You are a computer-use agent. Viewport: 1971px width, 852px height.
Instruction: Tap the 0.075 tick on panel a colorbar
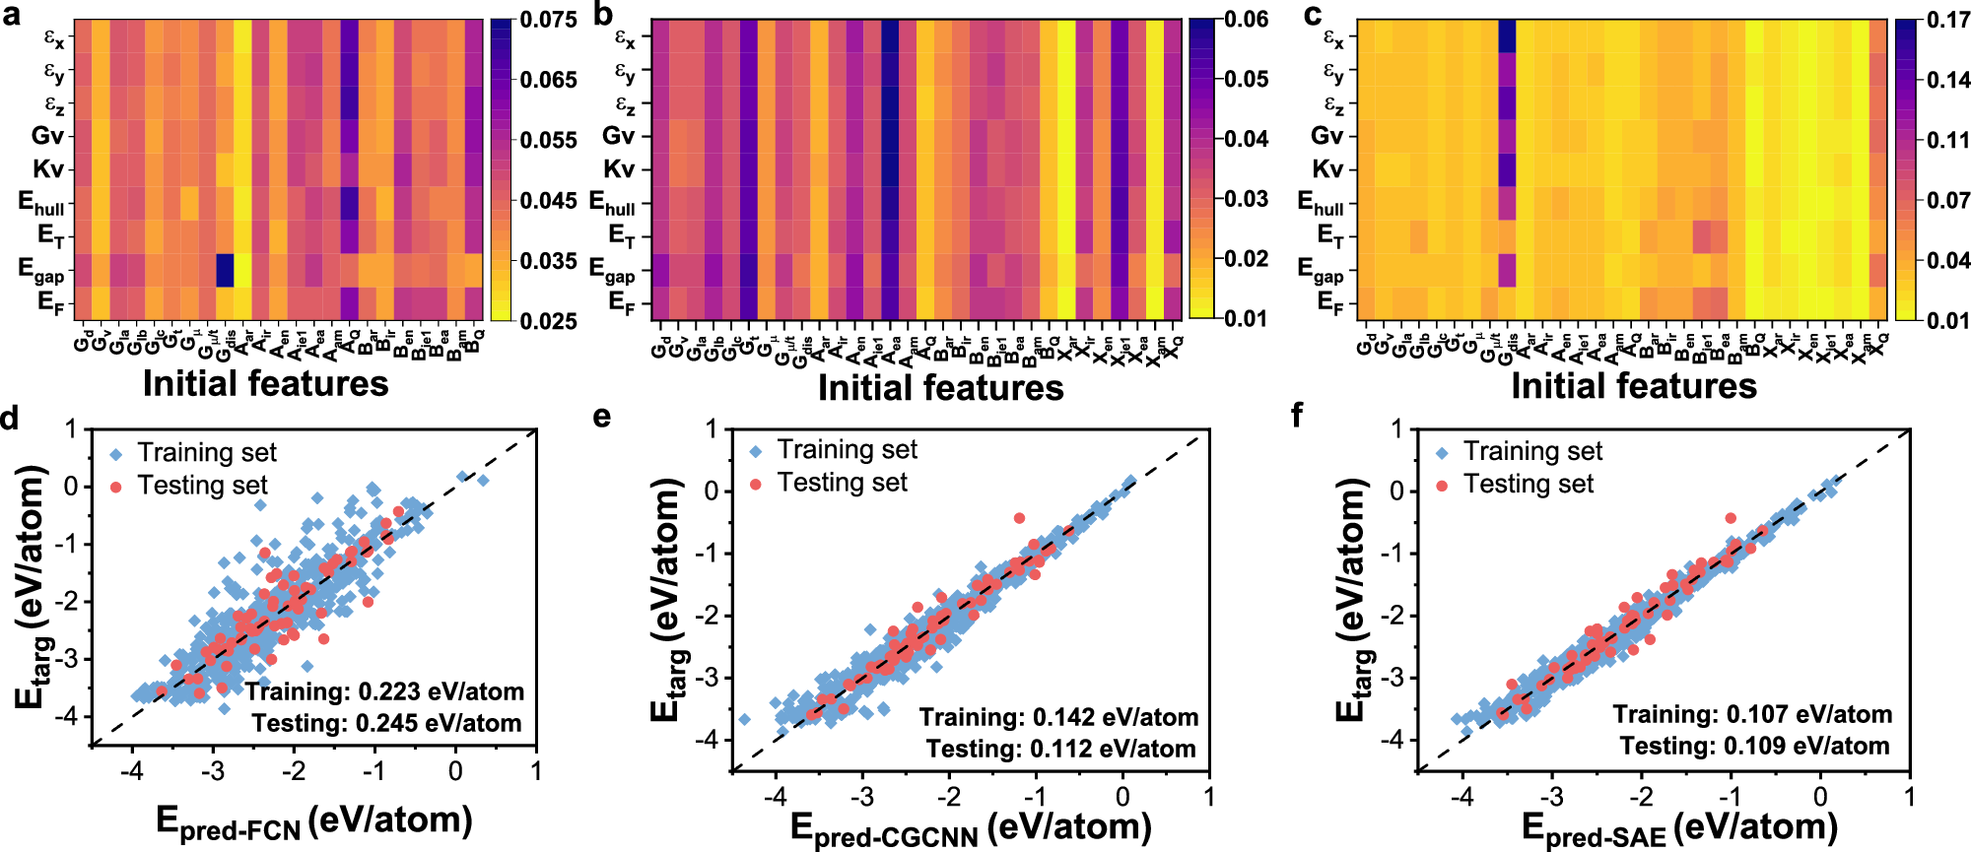pos(549,21)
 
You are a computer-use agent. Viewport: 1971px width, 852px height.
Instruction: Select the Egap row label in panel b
pos(612,269)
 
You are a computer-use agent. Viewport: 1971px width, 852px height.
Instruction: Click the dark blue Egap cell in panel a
pos(225,269)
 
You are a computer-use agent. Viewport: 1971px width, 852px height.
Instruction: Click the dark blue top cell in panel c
pos(1507,35)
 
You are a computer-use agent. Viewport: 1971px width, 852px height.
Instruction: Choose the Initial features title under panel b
pos(940,388)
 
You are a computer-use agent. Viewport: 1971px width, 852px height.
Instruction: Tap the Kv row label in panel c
pos(1326,168)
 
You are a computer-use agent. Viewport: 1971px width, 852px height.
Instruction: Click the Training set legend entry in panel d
pos(206,452)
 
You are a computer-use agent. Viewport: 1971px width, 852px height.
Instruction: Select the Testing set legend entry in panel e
pos(841,483)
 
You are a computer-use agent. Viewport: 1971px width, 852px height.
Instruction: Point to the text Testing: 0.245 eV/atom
pos(386,724)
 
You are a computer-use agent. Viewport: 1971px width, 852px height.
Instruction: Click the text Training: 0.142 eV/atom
pos(1058,717)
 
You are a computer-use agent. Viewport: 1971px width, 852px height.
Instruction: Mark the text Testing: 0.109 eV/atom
pos(1754,746)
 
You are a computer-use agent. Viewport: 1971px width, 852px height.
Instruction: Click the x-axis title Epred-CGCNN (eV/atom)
pos(971,828)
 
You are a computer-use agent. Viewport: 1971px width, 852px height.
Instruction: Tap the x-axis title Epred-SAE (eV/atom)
pos(1678,828)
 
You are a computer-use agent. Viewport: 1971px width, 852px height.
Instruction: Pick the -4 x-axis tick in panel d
pos(132,770)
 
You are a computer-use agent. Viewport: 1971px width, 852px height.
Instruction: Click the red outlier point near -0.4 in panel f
pos(1731,518)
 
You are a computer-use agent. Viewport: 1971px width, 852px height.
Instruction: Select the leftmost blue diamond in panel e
pos(744,719)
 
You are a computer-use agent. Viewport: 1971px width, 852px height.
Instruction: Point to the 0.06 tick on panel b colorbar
pos(1247,20)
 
